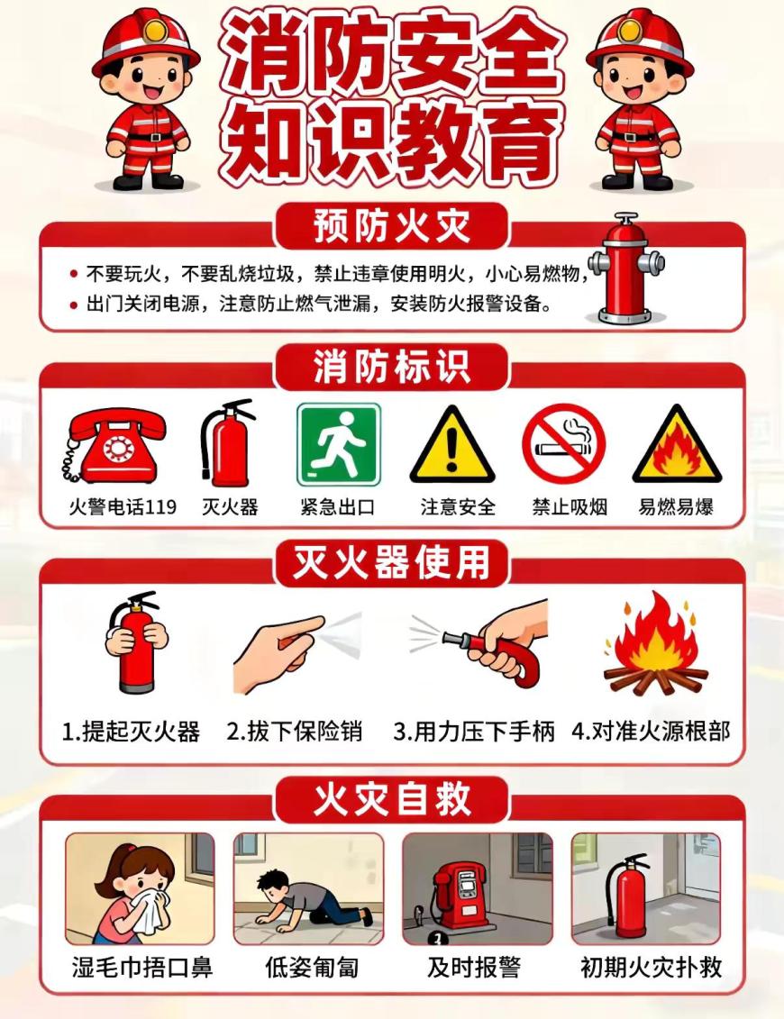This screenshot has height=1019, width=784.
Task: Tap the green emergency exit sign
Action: pos(338,444)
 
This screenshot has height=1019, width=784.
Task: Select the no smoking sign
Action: pos(563,444)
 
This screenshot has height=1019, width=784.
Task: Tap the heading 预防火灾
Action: pos(392,225)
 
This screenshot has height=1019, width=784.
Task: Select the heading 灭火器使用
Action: pos(391,562)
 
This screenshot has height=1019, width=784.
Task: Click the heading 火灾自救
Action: pos(392,798)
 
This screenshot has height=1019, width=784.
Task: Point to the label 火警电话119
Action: pos(123,506)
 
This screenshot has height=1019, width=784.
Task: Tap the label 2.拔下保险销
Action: pos(294,732)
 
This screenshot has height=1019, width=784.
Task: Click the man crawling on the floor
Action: pos(312,897)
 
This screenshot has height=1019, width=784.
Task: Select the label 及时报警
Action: pos(474,967)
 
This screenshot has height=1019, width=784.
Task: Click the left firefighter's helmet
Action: pos(147,41)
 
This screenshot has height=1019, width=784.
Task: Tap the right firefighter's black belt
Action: pos(638,136)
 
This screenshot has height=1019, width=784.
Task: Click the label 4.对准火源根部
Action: pos(651,732)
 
